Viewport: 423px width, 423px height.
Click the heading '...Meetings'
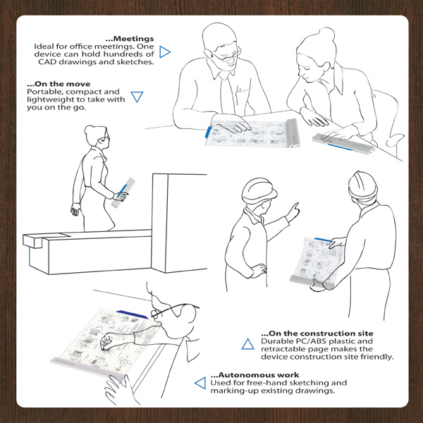[130, 39]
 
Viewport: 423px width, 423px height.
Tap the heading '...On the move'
[59, 84]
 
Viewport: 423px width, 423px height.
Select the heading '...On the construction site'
[317, 333]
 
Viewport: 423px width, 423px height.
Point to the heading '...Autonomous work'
[255, 375]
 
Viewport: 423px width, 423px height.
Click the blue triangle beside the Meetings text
[164, 52]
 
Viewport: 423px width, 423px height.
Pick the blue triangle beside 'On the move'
[137, 97]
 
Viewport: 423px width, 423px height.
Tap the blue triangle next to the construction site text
[247, 345]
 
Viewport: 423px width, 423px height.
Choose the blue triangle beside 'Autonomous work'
[200, 383]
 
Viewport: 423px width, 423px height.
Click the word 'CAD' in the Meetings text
[47, 62]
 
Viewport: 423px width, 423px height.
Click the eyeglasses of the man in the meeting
[226, 56]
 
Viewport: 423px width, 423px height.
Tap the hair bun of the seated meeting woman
[326, 35]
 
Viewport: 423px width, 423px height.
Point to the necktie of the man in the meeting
[227, 94]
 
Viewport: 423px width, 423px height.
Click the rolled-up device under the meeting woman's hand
[343, 144]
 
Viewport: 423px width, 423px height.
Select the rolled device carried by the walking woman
[123, 192]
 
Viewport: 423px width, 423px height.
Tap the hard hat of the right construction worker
[362, 185]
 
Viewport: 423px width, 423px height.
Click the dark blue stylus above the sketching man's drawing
[133, 314]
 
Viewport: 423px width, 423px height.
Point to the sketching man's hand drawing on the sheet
[107, 342]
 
